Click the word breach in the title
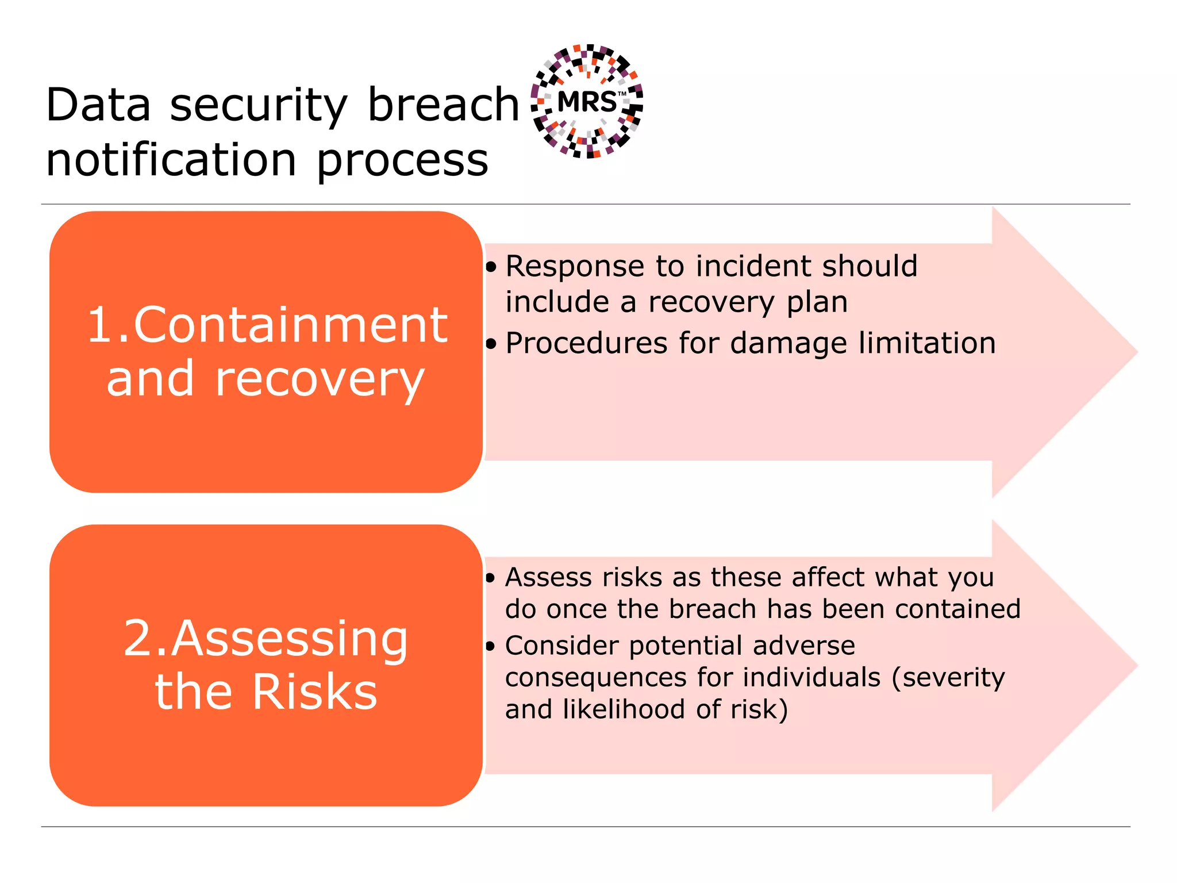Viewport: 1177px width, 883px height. pyautogui.click(x=443, y=105)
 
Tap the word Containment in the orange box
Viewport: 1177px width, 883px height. pyautogui.click(x=290, y=325)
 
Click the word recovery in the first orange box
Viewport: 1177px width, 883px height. pyautogui.click(x=320, y=380)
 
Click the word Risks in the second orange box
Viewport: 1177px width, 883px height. pyautogui.click(x=314, y=692)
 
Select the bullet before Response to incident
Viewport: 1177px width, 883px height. pyautogui.click(x=490, y=267)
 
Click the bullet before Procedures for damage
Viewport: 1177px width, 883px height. pyautogui.click(x=490, y=344)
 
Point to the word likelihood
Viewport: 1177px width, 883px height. pyautogui.click(x=624, y=709)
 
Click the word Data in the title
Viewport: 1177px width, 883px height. pyautogui.click(x=98, y=105)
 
